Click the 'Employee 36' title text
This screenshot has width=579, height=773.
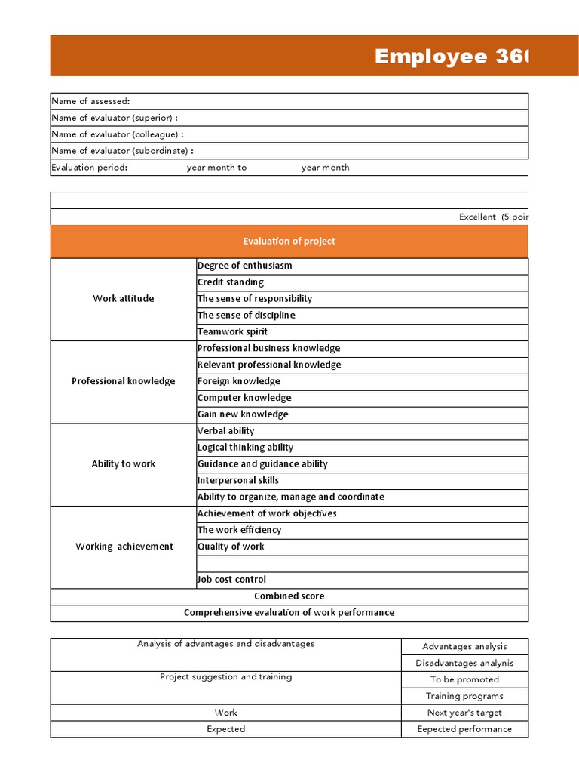tap(452, 57)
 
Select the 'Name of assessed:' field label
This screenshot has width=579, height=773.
tap(90, 101)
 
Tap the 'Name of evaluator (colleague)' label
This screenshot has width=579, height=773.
tap(118, 134)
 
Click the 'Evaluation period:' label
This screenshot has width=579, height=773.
tap(89, 168)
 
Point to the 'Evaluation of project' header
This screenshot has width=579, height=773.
tap(289, 242)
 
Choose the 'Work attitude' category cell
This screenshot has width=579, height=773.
tap(123, 299)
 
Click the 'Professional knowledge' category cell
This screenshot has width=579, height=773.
tap(123, 381)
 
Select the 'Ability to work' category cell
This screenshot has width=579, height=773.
tap(123, 464)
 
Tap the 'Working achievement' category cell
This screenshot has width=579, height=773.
tap(123, 547)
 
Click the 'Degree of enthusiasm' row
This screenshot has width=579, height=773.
tap(244, 266)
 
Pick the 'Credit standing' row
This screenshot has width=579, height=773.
tap(231, 282)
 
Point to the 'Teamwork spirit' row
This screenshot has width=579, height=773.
tap(232, 332)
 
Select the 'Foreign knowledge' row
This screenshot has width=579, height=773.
tap(238, 381)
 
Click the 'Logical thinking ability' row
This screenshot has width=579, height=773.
tap(245, 448)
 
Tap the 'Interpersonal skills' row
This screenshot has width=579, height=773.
tap(238, 481)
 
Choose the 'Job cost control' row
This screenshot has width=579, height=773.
tap(231, 580)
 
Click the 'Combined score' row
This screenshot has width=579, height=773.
tap(289, 596)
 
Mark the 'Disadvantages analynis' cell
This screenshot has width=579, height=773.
tap(464, 664)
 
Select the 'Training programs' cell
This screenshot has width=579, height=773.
tap(464, 697)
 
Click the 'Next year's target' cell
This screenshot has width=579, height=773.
tap(464, 713)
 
